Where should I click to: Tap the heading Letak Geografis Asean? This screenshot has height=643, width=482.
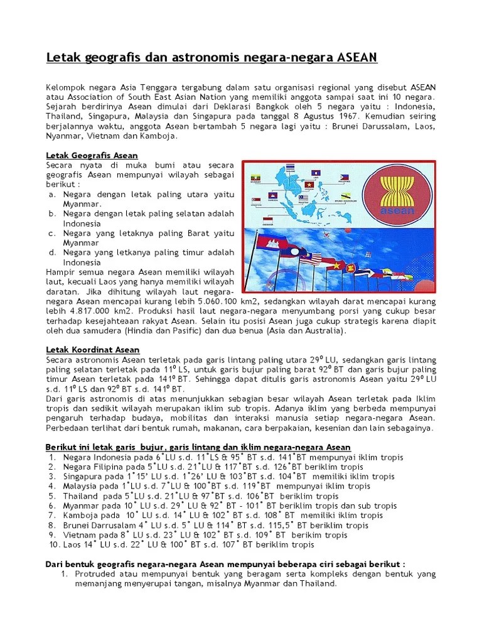pos(92,155)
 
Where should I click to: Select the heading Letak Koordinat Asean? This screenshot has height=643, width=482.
pos(93,349)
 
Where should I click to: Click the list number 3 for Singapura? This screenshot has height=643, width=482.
pos(53,476)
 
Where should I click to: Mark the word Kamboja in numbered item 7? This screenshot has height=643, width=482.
pos(82,515)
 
